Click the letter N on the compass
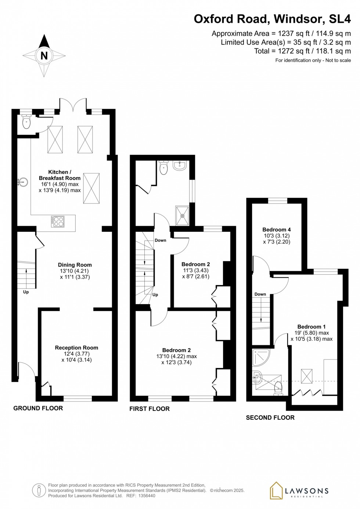click(x=44, y=56)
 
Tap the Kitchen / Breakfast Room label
click(x=60, y=175)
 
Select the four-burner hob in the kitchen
click(x=58, y=221)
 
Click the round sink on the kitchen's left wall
click(x=23, y=181)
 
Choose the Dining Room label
click(x=75, y=265)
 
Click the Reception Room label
click(x=76, y=347)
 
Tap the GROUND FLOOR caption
click(x=38, y=408)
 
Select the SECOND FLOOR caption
click(x=270, y=418)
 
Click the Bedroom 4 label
click(x=276, y=230)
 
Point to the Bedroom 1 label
click(x=311, y=326)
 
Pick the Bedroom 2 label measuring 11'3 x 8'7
click(x=195, y=264)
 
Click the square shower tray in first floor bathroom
click(x=182, y=216)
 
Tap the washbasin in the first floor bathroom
click(x=180, y=166)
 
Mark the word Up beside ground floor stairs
click(x=26, y=292)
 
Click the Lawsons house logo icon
click(x=276, y=491)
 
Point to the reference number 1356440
click(x=146, y=495)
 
